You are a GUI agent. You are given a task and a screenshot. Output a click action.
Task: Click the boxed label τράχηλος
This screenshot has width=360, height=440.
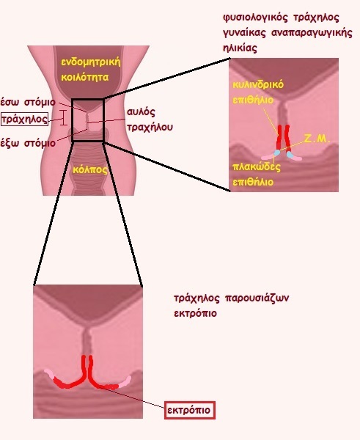24,119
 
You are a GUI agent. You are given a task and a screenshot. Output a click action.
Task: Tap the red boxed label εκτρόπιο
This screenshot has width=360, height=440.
190,410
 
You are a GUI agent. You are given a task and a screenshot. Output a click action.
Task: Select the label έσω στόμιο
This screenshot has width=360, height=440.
28,102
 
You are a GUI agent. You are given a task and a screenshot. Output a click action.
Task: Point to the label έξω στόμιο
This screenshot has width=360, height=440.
28,143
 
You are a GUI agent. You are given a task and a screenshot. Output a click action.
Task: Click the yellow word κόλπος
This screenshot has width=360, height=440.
90,170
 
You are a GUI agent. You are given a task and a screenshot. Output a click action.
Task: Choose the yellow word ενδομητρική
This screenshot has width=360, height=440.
91,62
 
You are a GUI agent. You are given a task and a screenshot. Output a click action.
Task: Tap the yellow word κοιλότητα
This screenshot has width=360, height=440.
85,77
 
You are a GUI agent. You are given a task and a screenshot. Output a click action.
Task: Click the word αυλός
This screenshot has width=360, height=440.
141,111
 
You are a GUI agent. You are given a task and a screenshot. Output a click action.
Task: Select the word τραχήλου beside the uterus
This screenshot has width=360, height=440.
150,127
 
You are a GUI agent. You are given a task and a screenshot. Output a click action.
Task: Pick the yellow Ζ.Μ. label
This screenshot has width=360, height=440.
317,139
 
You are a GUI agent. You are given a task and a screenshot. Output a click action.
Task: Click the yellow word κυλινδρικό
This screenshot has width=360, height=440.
258,84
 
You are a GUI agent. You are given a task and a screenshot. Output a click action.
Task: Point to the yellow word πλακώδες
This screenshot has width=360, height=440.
257,166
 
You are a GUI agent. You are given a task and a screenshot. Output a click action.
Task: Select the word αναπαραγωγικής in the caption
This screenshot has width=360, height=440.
312,33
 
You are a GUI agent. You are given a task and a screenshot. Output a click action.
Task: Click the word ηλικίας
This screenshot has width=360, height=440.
240,48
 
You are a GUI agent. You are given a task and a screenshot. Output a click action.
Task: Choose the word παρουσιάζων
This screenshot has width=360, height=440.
257,298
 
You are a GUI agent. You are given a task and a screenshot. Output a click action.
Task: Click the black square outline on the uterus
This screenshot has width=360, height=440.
72,120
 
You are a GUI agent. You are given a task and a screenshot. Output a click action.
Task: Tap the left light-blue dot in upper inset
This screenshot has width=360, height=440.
277,153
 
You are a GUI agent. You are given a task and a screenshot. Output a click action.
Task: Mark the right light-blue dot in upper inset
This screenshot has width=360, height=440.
290,155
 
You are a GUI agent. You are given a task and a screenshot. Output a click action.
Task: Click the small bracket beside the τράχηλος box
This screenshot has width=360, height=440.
64,117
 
